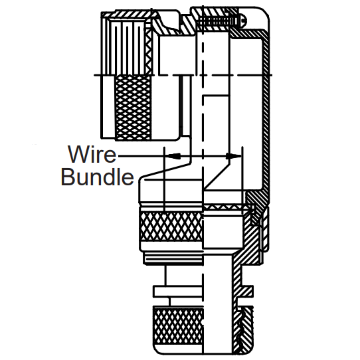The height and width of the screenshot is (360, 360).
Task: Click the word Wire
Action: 92,154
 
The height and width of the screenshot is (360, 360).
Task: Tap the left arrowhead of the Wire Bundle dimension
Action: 174,156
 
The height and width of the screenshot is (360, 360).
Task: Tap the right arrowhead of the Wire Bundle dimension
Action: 234,156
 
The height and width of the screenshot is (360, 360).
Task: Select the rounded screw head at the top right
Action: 243,21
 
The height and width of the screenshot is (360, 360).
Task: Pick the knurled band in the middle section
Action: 171,226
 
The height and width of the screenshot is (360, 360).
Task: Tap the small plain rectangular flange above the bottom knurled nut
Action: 178,291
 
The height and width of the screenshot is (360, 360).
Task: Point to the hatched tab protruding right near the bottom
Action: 247,291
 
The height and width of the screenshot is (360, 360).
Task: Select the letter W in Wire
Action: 78,154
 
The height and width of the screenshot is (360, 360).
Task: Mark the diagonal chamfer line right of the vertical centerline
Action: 217,176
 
